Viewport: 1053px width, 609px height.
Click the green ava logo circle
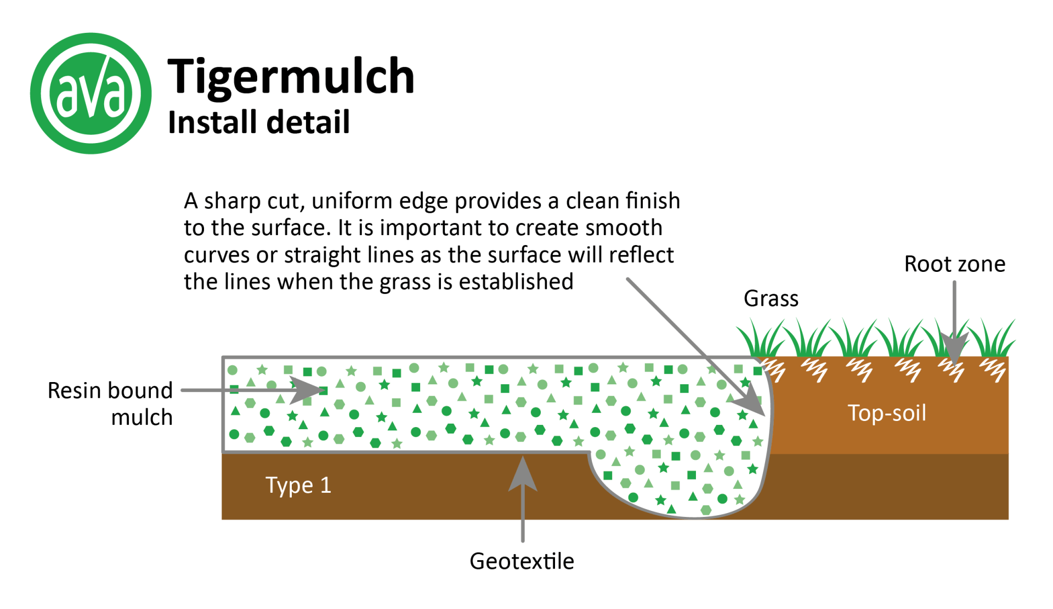(x=90, y=93)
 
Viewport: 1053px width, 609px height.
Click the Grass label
(x=771, y=299)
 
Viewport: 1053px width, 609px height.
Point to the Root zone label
(x=954, y=264)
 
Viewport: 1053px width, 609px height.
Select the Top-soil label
(x=887, y=413)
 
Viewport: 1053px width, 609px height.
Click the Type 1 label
(x=298, y=485)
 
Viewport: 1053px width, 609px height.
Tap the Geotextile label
(x=522, y=561)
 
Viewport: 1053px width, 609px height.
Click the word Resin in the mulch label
(x=76, y=391)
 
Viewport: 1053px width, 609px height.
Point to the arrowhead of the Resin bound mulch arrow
(x=307, y=390)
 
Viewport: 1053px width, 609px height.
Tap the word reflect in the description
(x=641, y=255)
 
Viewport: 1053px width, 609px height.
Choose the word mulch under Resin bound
(x=142, y=418)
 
